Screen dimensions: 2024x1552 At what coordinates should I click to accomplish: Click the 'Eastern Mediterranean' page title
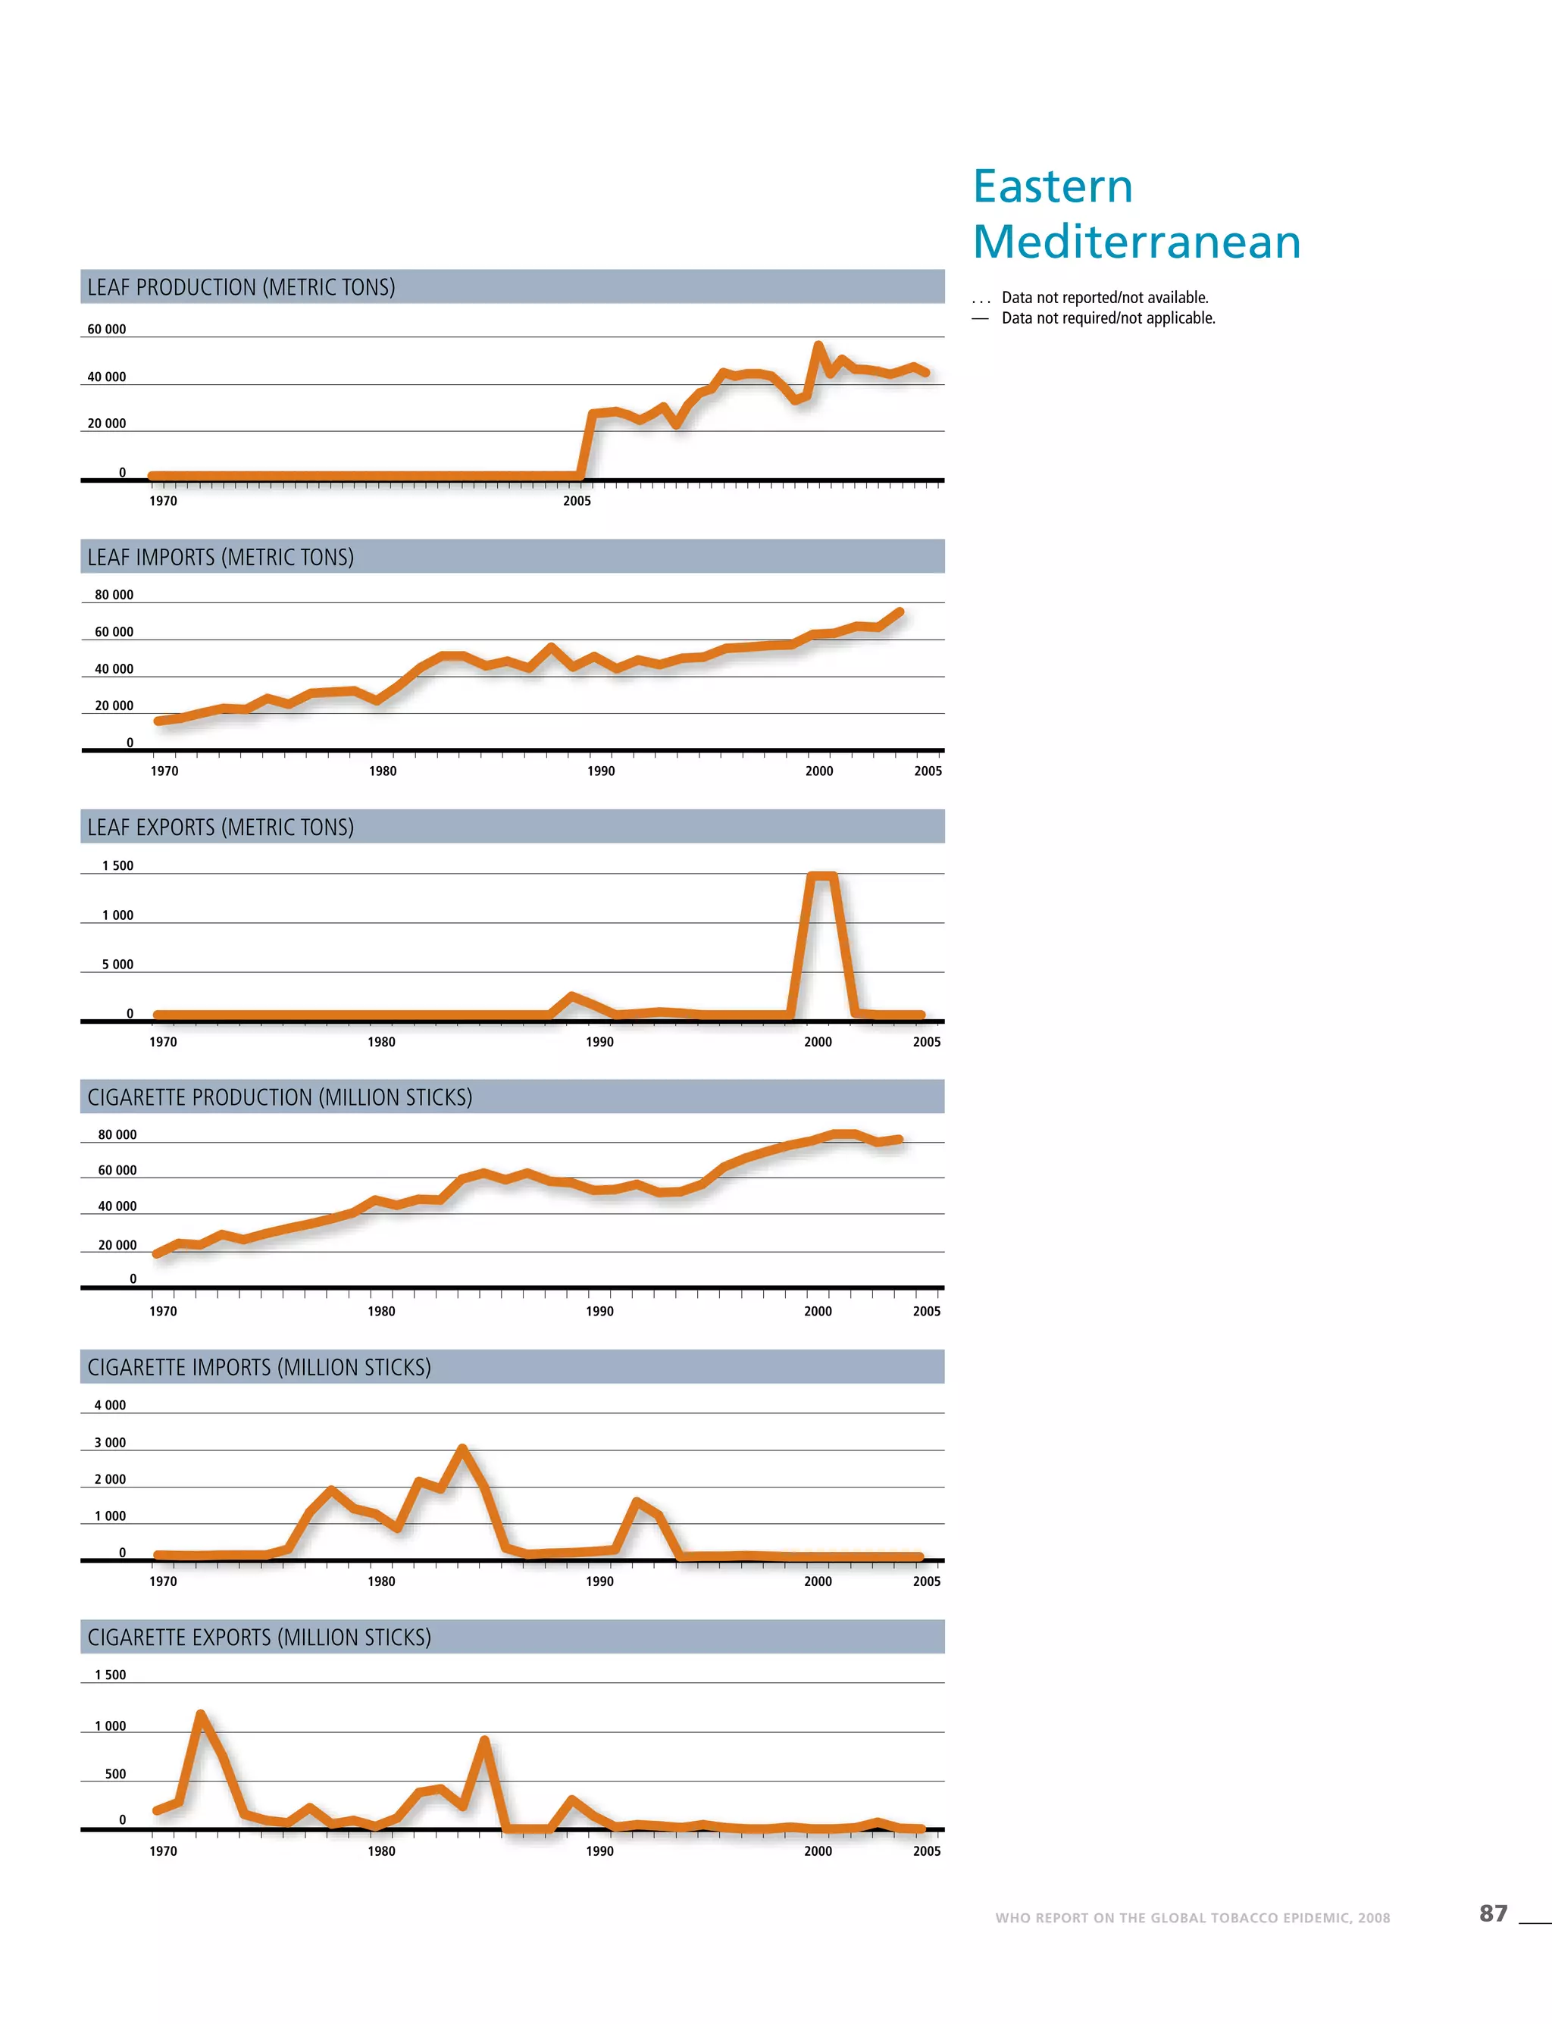coord(1136,214)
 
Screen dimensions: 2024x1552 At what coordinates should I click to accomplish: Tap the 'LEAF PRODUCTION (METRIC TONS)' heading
coord(241,287)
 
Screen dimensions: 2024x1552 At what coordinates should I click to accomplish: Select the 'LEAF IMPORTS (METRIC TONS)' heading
coord(221,557)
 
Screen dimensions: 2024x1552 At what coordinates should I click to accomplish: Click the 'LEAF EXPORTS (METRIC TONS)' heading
coord(221,827)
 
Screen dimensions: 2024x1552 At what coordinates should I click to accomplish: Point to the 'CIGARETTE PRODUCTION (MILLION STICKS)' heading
coord(280,1097)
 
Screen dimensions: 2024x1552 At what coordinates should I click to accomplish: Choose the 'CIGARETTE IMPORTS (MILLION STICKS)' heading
coord(260,1367)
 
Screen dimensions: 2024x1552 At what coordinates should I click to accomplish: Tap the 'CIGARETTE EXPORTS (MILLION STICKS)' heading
coord(260,1637)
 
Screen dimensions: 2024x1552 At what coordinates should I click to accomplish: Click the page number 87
coord(1493,1913)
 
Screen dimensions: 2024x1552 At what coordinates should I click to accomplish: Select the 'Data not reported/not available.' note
coord(1105,298)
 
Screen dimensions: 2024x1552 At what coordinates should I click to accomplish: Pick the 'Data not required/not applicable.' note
coord(1109,318)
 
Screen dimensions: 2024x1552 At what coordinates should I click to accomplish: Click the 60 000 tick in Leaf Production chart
coord(106,329)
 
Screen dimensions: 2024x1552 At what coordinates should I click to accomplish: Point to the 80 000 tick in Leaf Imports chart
coord(114,595)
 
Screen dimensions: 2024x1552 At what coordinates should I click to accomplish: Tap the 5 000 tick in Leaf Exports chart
coord(117,965)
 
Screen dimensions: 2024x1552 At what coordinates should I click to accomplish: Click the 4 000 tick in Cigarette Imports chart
coord(110,1405)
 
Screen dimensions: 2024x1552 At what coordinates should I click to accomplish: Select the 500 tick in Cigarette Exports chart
coord(115,1774)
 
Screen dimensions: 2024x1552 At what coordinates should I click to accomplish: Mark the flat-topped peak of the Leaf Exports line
coord(822,876)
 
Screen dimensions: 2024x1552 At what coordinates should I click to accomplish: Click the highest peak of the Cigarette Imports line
coord(462,1449)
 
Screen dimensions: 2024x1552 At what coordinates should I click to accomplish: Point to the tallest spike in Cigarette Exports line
coord(201,1715)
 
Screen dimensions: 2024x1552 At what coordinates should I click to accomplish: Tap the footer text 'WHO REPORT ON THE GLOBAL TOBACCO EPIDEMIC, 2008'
coord(1192,1918)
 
